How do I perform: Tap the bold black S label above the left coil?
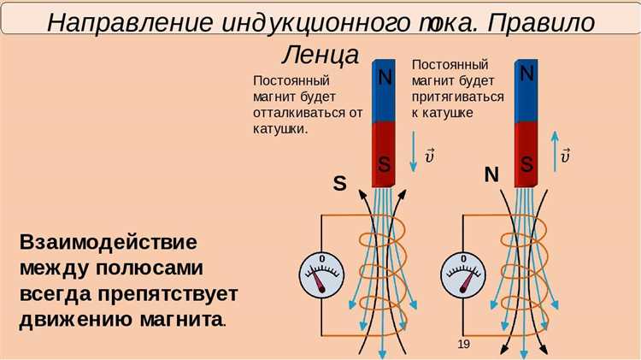point(339,183)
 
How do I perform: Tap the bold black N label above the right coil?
point(491,175)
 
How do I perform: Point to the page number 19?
point(464,344)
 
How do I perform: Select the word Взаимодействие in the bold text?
point(108,241)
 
